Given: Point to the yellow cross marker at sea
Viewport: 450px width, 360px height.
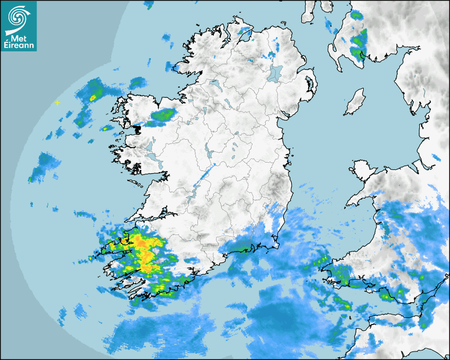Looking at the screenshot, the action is (57, 103).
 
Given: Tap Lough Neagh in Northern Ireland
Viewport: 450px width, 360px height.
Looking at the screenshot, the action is (275, 73).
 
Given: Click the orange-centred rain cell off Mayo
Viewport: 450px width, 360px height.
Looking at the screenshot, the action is (93, 97).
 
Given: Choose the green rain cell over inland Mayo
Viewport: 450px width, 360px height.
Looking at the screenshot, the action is (164, 114).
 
